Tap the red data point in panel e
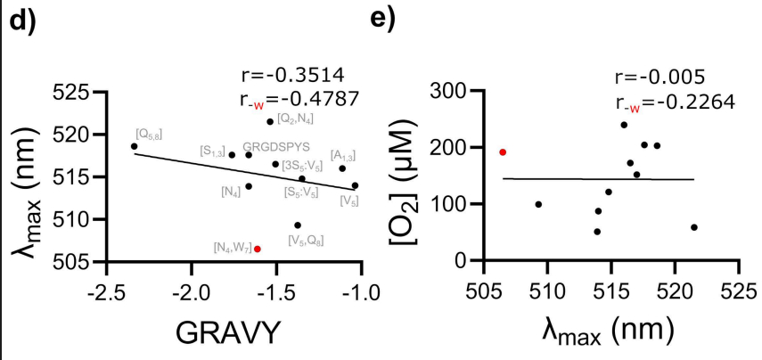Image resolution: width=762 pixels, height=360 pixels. (503, 152)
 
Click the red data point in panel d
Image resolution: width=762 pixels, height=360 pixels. (258, 249)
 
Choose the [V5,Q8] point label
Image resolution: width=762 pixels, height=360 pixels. (306, 240)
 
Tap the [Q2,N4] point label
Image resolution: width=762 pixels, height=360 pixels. (295, 119)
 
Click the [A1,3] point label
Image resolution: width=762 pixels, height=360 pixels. (343, 156)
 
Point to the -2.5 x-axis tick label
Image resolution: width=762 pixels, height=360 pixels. (107, 291)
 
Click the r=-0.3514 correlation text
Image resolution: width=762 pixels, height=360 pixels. (292, 73)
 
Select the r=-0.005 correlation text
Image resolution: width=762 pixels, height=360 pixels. (660, 75)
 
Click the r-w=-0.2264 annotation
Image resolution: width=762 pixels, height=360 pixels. (674, 101)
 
